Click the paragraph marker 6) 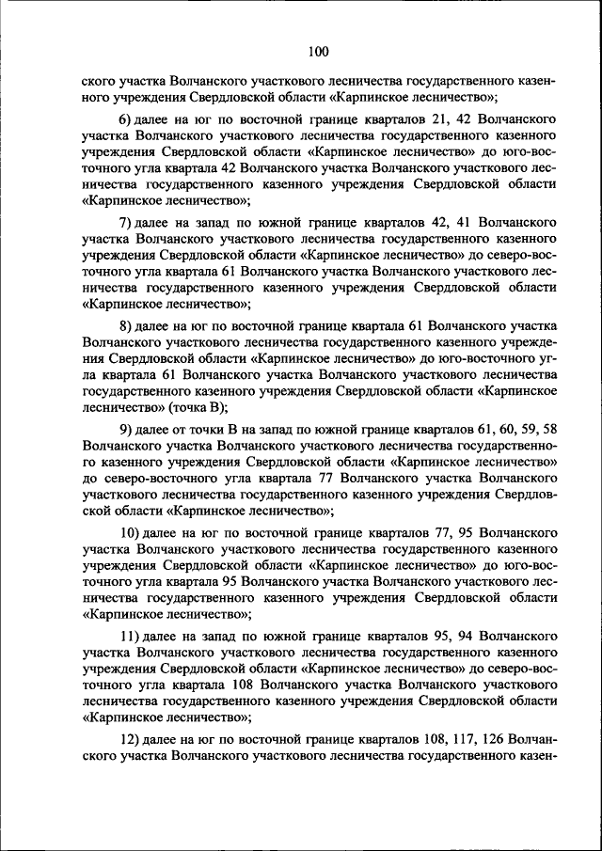point(127,120)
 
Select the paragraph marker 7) point(127,223)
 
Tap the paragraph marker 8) point(127,325)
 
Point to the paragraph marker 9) point(127,428)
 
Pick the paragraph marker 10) point(130,530)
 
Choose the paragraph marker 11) point(130,633)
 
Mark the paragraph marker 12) point(130,735)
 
